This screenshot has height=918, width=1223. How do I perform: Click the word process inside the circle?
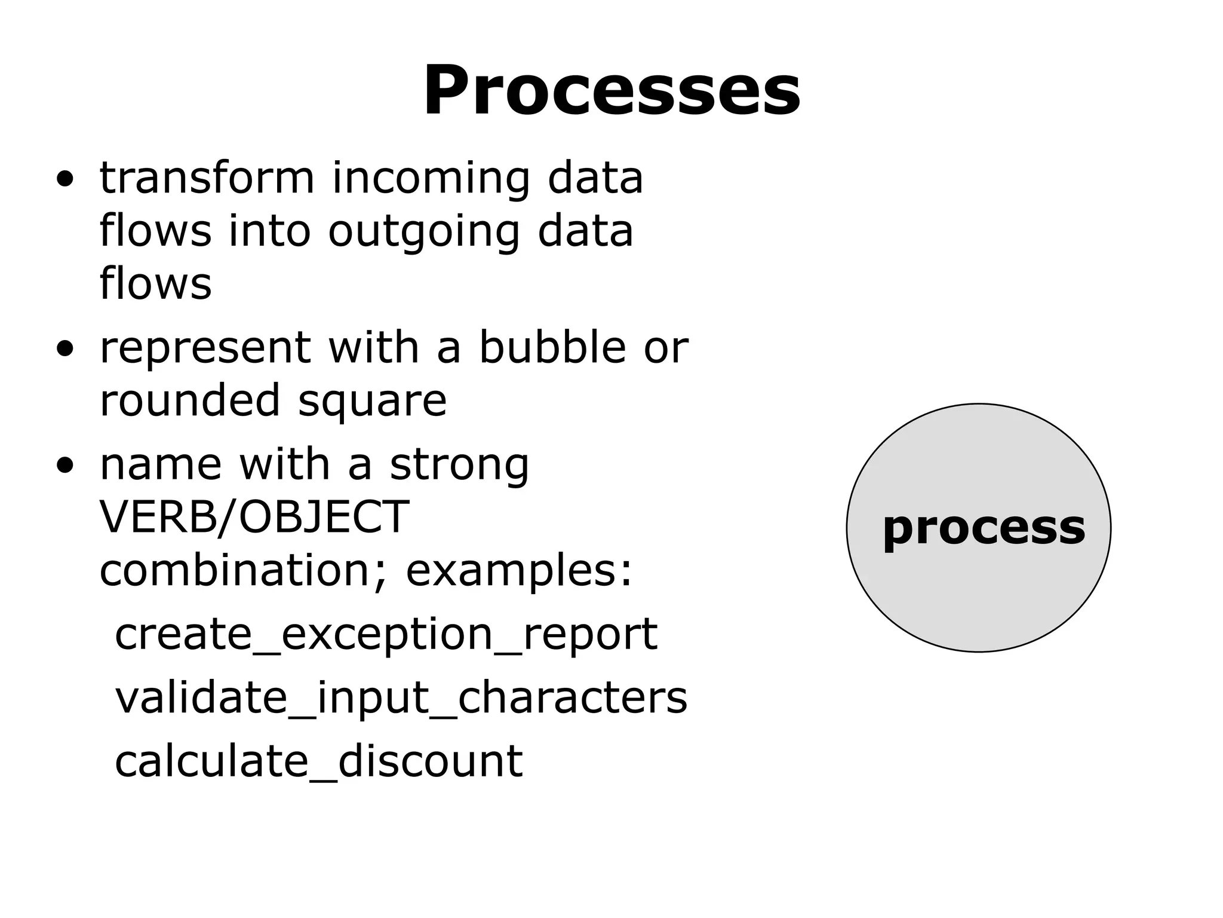pyautogui.click(x=984, y=528)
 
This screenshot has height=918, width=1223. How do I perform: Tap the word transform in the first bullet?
pyautogui.click(x=207, y=178)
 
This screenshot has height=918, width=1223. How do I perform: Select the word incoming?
pyautogui.click(x=431, y=178)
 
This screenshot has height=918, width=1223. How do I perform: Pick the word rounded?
pyautogui.click(x=190, y=400)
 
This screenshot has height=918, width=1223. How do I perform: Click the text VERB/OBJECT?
pyautogui.click(x=254, y=517)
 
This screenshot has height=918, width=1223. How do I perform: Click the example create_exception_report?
pyautogui.click(x=386, y=634)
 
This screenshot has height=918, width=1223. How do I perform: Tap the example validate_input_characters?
pyautogui.click(x=401, y=697)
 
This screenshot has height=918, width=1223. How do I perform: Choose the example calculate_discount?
pyautogui.click(x=318, y=761)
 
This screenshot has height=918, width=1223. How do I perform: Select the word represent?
pyautogui.click(x=205, y=348)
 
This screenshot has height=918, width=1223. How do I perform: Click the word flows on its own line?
pyautogui.click(x=155, y=283)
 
